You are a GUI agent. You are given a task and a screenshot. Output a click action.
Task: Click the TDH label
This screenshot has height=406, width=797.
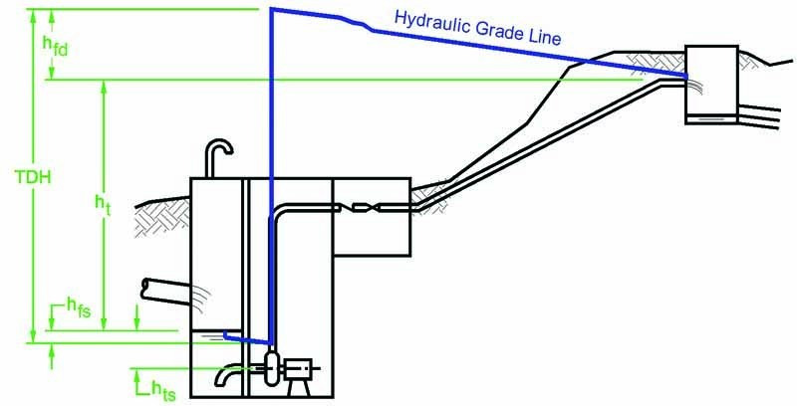pyautogui.click(x=33, y=180)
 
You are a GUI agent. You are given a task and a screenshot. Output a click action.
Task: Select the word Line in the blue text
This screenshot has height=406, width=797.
pyautogui.click(x=545, y=39)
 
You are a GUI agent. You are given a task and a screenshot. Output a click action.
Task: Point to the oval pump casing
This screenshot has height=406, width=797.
pyautogui.click(x=269, y=368)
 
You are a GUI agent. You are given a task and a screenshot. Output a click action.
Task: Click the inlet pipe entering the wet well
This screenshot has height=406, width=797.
pyautogui.click(x=164, y=288)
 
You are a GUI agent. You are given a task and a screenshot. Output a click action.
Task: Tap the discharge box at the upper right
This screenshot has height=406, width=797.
pyautogui.click(x=712, y=85)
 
